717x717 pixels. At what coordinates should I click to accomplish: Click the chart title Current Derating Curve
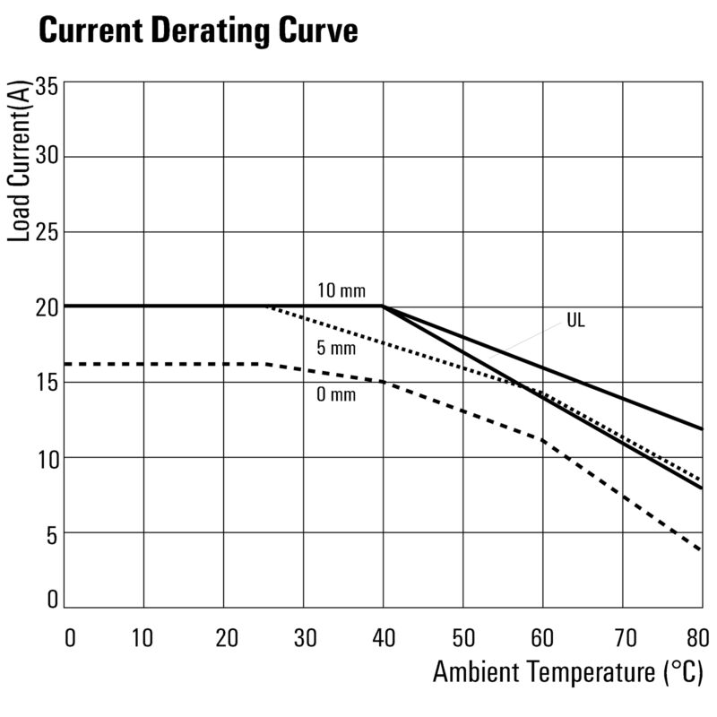click(x=198, y=31)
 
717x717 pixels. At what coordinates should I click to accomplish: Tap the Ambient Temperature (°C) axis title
click(x=567, y=672)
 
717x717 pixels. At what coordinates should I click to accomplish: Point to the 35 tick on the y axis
click(x=47, y=88)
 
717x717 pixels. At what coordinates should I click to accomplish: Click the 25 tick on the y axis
click(x=47, y=232)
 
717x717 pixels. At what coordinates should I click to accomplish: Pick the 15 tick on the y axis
click(x=47, y=383)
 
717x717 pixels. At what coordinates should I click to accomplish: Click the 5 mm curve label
click(x=337, y=348)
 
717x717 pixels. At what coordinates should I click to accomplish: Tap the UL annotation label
click(x=575, y=320)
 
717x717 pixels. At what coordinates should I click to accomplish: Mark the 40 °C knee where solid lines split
click(x=383, y=307)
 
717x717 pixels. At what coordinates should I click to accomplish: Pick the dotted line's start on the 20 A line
click(x=268, y=307)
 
